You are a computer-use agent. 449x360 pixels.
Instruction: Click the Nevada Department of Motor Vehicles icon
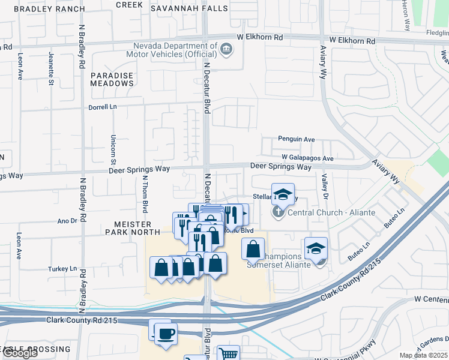pyautogui.click(x=226, y=49)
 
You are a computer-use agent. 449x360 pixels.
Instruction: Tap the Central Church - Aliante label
pyautogui.click(x=331, y=212)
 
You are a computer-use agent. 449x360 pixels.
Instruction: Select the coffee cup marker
pyautogui.click(x=165, y=333)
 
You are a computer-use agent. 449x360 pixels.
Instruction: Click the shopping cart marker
pyautogui.click(x=228, y=354)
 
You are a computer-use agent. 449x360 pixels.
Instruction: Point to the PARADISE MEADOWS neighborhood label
pyautogui.click(x=112, y=79)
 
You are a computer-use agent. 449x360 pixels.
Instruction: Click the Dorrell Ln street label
pyautogui.click(x=102, y=107)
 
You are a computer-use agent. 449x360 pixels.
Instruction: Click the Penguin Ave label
pyautogui.click(x=296, y=139)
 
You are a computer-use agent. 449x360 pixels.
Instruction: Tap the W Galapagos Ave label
pyautogui.click(x=307, y=158)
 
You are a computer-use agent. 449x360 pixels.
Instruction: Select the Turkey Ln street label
pyautogui.click(x=64, y=268)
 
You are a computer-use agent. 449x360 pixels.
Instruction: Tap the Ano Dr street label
pyautogui.click(x=67, y=220)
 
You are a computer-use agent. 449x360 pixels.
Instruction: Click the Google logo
pyautogui.click(x=19, y=353)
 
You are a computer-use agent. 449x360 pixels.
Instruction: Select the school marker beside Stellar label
pyautogui.click(x=283, y=194)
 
